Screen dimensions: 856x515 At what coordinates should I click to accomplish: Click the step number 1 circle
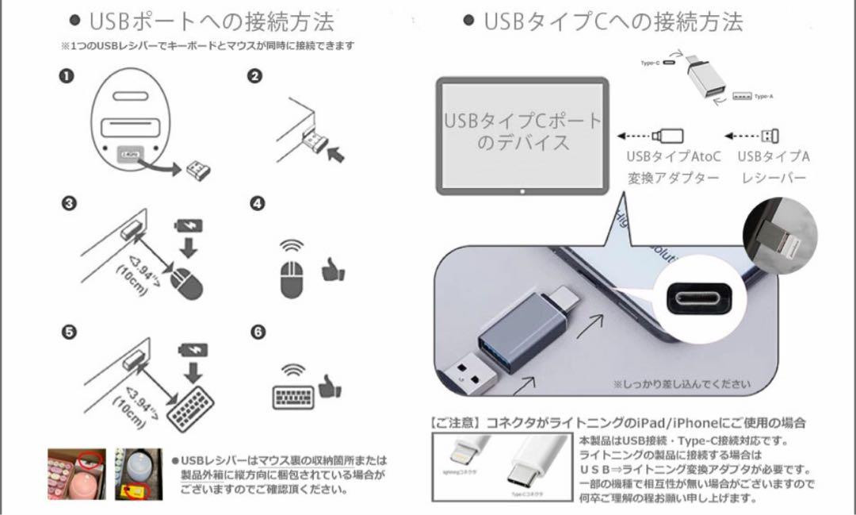click(x=67, y=76)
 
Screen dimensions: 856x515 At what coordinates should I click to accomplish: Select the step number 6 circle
click(x=257, y=332)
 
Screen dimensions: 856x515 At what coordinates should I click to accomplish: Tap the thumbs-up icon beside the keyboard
click(x=330, y=386)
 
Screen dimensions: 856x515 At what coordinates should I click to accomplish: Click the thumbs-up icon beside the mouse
click(x=332, y=271)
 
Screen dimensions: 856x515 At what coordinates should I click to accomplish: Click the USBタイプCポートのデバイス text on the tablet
click(x=522, y=133)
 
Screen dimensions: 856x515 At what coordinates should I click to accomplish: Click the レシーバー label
click(x=773, y=178)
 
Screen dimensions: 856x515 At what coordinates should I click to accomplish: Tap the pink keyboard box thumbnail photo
click(x=77, y=475)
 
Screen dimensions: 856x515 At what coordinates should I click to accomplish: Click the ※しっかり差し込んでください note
click(x=680, y=384)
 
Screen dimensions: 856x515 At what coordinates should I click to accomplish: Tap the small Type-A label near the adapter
click(x=763, y=97)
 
